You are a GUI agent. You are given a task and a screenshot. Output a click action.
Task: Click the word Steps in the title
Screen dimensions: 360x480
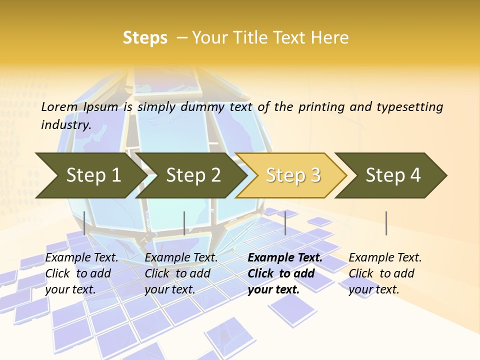(145, 38)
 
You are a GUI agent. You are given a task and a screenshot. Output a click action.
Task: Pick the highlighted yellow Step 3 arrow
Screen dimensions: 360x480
(293, 175)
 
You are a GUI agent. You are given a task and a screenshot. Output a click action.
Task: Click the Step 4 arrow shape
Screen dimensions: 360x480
(393, 175)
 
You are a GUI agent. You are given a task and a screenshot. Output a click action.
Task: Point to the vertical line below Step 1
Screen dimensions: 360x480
(84, 223)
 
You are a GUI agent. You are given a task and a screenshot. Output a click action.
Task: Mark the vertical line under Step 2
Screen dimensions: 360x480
(184, 223)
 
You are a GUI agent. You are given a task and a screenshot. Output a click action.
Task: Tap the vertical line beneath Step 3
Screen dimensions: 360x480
(285, 223)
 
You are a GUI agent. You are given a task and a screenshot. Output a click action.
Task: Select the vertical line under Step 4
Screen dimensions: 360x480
(386, 223)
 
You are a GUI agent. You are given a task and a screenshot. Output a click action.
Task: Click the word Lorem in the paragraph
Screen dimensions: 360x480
(59, 107)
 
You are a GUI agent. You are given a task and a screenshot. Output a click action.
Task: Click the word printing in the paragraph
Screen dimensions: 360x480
(320, 107)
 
